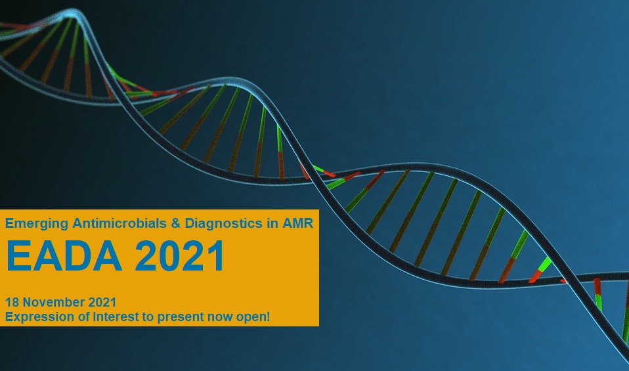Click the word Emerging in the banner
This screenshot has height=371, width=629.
coord(37,224)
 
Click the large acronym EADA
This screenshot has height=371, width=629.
coord(64,256)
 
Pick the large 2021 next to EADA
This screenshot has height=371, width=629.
coord(179,256)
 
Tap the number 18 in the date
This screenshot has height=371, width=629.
coord(11,302)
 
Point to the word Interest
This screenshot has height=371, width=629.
coord(116,316)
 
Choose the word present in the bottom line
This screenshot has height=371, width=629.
coord(181,317)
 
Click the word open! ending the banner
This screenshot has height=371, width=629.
coord(253,317)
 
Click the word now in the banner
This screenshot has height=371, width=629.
coord(220,318)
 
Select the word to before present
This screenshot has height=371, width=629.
coord(148,317)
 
